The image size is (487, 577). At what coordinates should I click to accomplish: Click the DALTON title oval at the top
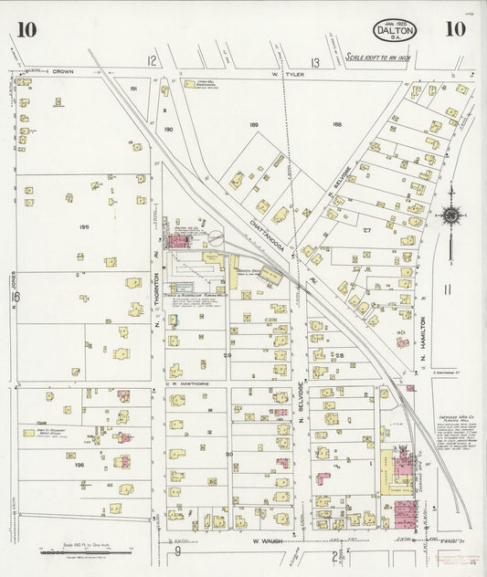[x=395, y=30]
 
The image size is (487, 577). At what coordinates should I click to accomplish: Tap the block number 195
[x=84, y=226]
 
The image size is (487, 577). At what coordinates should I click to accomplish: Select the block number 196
[x=79, y=464]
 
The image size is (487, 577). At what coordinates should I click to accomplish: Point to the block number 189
[x=254, y=124]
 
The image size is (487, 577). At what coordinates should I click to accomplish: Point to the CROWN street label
[x=62, y=71]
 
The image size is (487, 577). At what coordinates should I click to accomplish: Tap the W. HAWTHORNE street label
[x=188, y=384]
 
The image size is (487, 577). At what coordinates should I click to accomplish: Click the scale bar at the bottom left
[x=88, y=550]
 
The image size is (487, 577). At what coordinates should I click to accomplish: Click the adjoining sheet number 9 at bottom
[x=179, y=551]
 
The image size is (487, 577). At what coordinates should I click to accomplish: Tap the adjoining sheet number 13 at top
[x=314, y=62]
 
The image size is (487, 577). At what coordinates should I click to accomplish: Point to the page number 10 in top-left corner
[x=26, y=29]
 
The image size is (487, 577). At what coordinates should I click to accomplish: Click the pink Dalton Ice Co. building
[x=178, y=240]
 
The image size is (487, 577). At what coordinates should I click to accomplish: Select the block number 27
[x=366, y=231]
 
